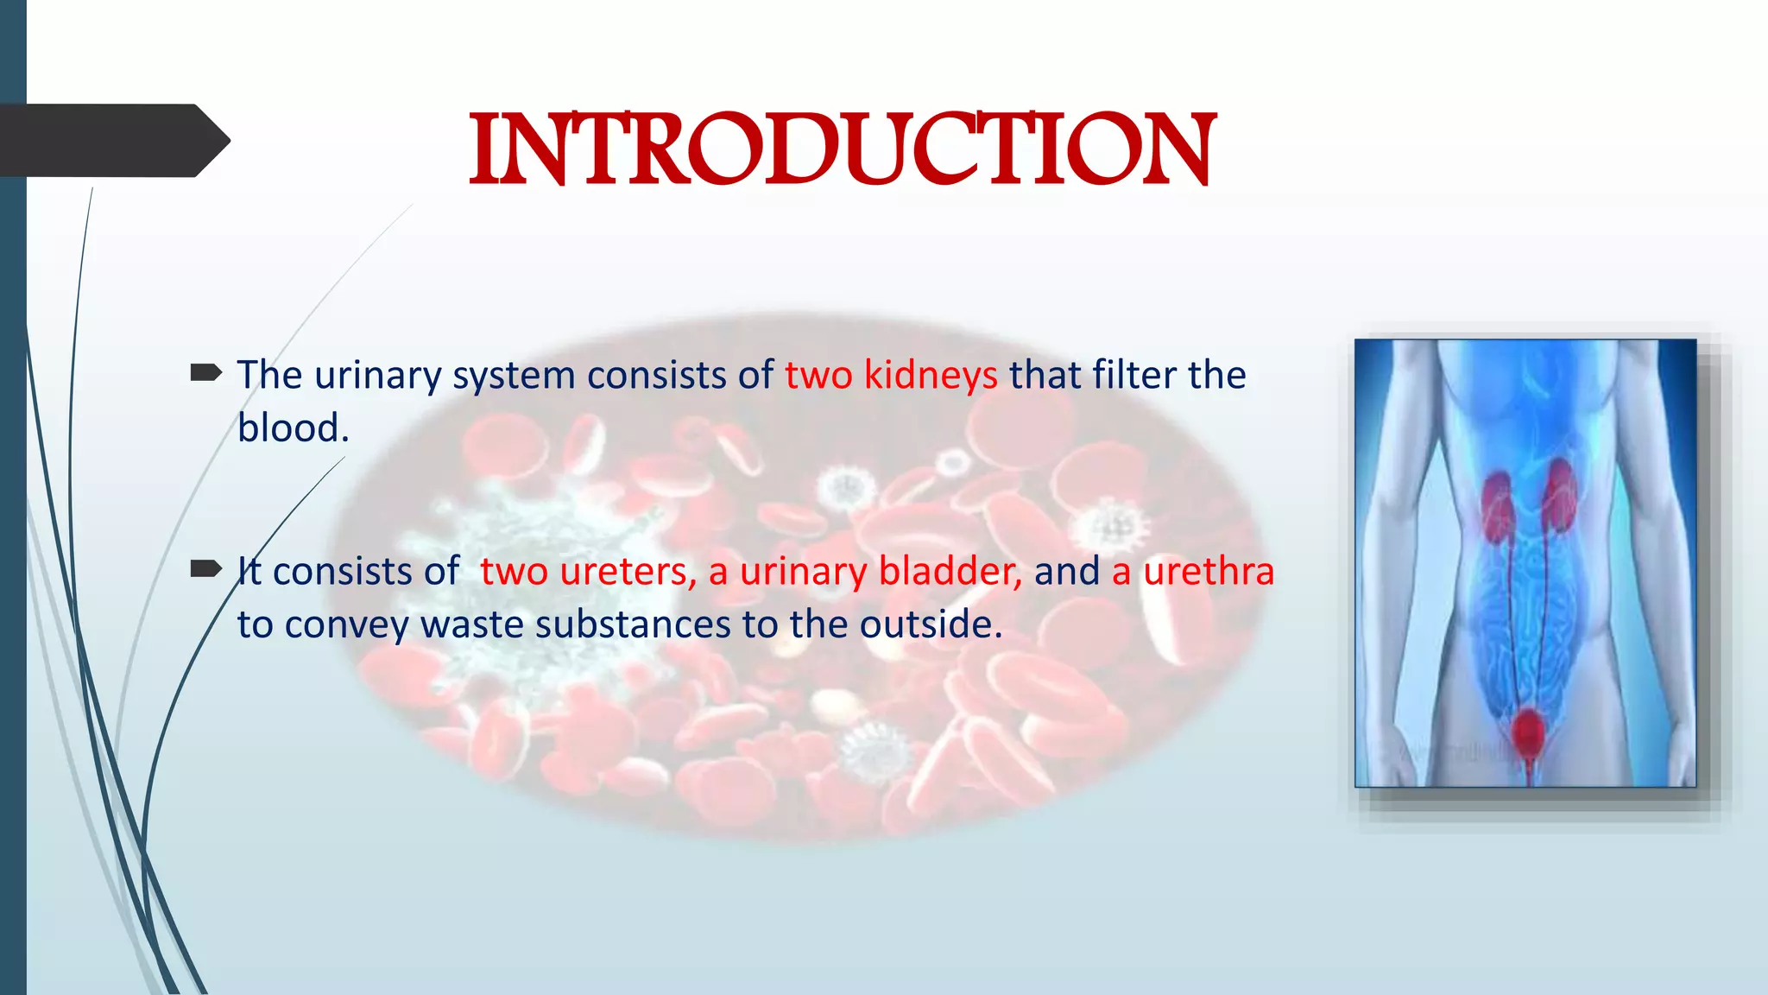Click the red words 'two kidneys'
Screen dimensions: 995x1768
point(891,376)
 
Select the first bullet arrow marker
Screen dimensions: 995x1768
point(205,373)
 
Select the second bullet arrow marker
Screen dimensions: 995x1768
point(205,568)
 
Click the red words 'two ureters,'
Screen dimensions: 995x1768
point(588,572)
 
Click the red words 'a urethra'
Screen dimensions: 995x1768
point(1192,572)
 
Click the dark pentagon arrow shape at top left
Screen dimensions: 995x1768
point(112,141)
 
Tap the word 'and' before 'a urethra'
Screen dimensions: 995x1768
point(1067,572)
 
